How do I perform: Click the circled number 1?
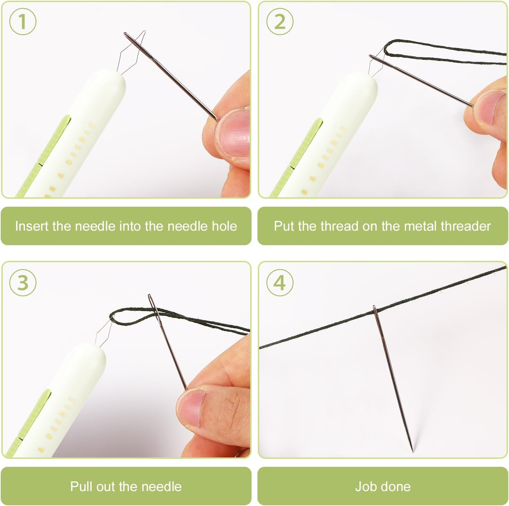point(23,22)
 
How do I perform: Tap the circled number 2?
point(280,22)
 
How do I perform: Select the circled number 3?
point(23,282)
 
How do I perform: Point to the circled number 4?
point(280,282)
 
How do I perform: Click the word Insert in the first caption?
point(32,226)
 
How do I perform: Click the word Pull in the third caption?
point(81,486)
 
